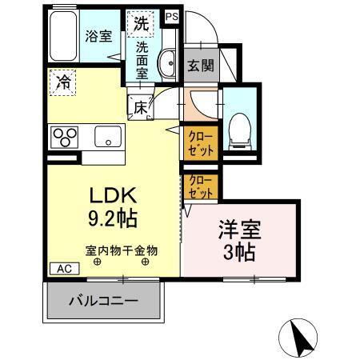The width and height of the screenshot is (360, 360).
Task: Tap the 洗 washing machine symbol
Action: (141, 24)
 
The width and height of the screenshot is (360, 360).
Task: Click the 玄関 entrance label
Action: (201, 66)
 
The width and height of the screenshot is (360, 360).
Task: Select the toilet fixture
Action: (239, 129)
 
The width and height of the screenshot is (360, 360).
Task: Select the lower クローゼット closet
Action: (200, 187)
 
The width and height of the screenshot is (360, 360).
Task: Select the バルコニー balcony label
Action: (103, 302)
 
